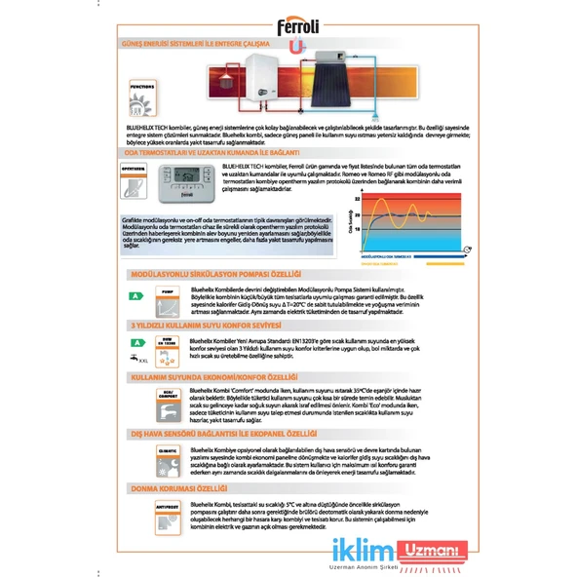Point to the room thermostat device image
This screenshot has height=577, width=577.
[x=184, y=181]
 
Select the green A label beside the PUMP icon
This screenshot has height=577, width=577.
[x=136, y=293]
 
